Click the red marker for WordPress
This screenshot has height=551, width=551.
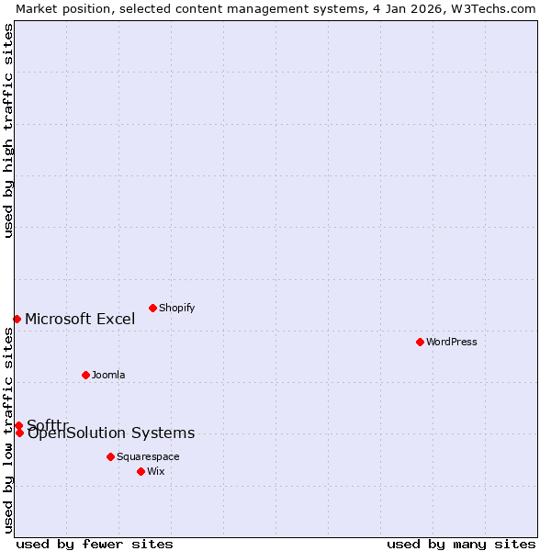(420, 342)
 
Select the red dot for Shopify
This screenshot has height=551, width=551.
(152, 308)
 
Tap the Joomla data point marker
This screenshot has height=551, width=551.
(85, 375)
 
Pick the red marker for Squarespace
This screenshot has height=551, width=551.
(110, 456)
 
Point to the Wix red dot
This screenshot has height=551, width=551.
(141, 471)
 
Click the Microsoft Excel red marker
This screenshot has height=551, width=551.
(17, 319)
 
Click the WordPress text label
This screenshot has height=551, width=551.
(452, 342)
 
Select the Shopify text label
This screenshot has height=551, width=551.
(176, 308)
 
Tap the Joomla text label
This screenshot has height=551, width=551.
(108, 375)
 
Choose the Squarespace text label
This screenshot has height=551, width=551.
(148, 456)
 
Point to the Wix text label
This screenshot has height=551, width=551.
(156, 471)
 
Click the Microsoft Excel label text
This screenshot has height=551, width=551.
(80, 319)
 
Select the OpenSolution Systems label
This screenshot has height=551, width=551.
(111, 433)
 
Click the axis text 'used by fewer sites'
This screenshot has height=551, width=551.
(95, 544)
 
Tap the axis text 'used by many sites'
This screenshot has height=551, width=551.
(461, 544)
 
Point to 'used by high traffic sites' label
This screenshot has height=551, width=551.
(8, 130)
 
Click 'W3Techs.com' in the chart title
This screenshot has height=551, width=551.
(497, 8)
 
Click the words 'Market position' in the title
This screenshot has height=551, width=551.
(59, 8)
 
